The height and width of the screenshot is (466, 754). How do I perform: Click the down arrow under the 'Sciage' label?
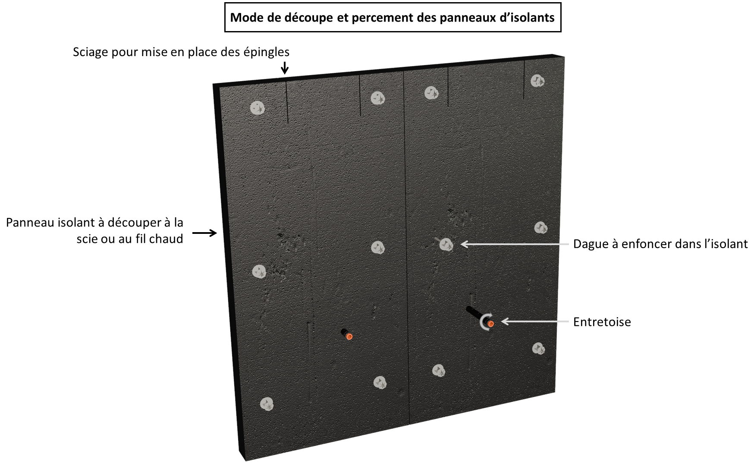[x=285, y=68]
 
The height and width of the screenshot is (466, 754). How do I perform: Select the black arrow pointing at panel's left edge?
[x=204, y=233]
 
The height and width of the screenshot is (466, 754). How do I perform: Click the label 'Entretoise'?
[x=602, y=322]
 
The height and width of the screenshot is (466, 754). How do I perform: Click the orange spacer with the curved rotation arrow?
[x=490, y=323]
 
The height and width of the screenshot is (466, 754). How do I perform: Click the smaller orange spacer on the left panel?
[x=349, y=337]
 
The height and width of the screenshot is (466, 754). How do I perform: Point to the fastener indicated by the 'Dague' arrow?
[x=446, y=245]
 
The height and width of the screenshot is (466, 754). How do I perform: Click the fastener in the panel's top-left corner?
[x=258, y=108]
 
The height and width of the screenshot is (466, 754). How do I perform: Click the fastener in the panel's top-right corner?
[x=537, y=81]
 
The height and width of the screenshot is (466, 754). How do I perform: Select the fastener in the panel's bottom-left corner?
[x=267, y=404]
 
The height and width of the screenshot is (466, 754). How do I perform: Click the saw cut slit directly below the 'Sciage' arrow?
[x=286, y=101]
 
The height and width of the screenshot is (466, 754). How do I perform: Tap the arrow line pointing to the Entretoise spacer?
[x=535, y=322]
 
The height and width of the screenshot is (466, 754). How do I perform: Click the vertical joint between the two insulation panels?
[x=406, y=246]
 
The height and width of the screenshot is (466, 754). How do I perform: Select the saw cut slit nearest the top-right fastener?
[x=524, y=80]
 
